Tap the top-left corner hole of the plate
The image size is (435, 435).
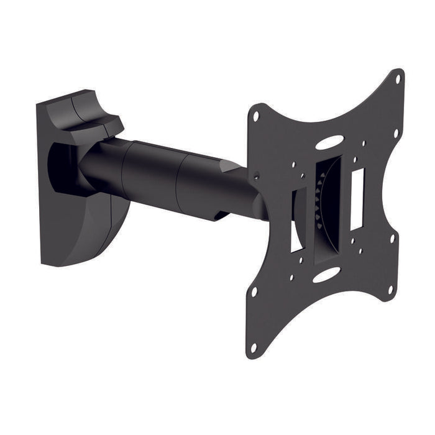click(x=255, y=115)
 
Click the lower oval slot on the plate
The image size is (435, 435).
click(x=326, y=275)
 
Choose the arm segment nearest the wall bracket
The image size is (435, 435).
click(x=103, y=162)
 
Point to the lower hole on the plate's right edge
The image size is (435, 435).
click(x=391, y=290)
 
